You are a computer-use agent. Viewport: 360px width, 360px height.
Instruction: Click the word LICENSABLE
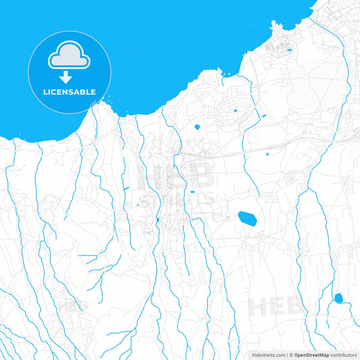pyautogui.click(x=70, y=91)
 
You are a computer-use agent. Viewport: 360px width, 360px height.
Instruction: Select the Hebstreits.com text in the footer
pyautogui.click(x=265, y=355)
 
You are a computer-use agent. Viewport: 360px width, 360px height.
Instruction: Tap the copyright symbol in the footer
pyautogui.click(x=290, y=355)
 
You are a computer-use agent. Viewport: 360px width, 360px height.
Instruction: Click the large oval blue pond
pyautogui.click(x=247, y=218)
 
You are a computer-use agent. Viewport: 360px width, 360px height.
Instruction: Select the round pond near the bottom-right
pyautogui.click(x=338, y=298)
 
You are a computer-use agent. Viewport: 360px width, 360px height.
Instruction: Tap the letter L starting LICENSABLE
pyautogui.click(x=45, y=91)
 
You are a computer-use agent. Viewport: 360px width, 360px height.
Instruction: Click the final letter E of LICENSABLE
pyautogui.click(x=93, y=91)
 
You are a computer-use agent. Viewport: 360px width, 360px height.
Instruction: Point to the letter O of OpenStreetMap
pyautogui.click(x=296, y=355)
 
